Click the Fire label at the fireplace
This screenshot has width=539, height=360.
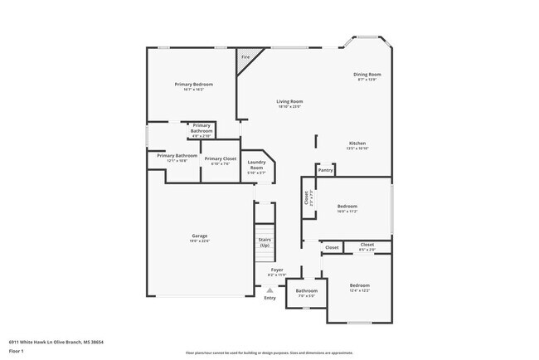point(245,57)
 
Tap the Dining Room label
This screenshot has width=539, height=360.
point(367,75)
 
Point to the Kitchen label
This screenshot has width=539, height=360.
point(357,143)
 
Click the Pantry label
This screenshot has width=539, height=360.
point(326,170)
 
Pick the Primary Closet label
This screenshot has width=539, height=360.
point(221,158)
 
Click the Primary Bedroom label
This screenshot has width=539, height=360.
point(193,85)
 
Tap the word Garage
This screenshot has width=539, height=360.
point(200,236)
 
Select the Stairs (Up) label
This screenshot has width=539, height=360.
point(265,242)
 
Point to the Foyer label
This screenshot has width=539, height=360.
point(277,270)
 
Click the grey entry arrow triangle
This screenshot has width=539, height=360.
point(269,289)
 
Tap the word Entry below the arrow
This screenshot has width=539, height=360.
point(269,298)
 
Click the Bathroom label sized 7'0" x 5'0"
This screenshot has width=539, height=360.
point(306,290)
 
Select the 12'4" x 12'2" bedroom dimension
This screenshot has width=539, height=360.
point(359,290)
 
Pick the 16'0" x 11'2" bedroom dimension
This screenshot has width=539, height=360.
point(347,212)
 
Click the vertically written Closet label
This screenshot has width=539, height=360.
point(306,199)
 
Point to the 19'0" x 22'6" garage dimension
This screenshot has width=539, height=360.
point(200,241)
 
